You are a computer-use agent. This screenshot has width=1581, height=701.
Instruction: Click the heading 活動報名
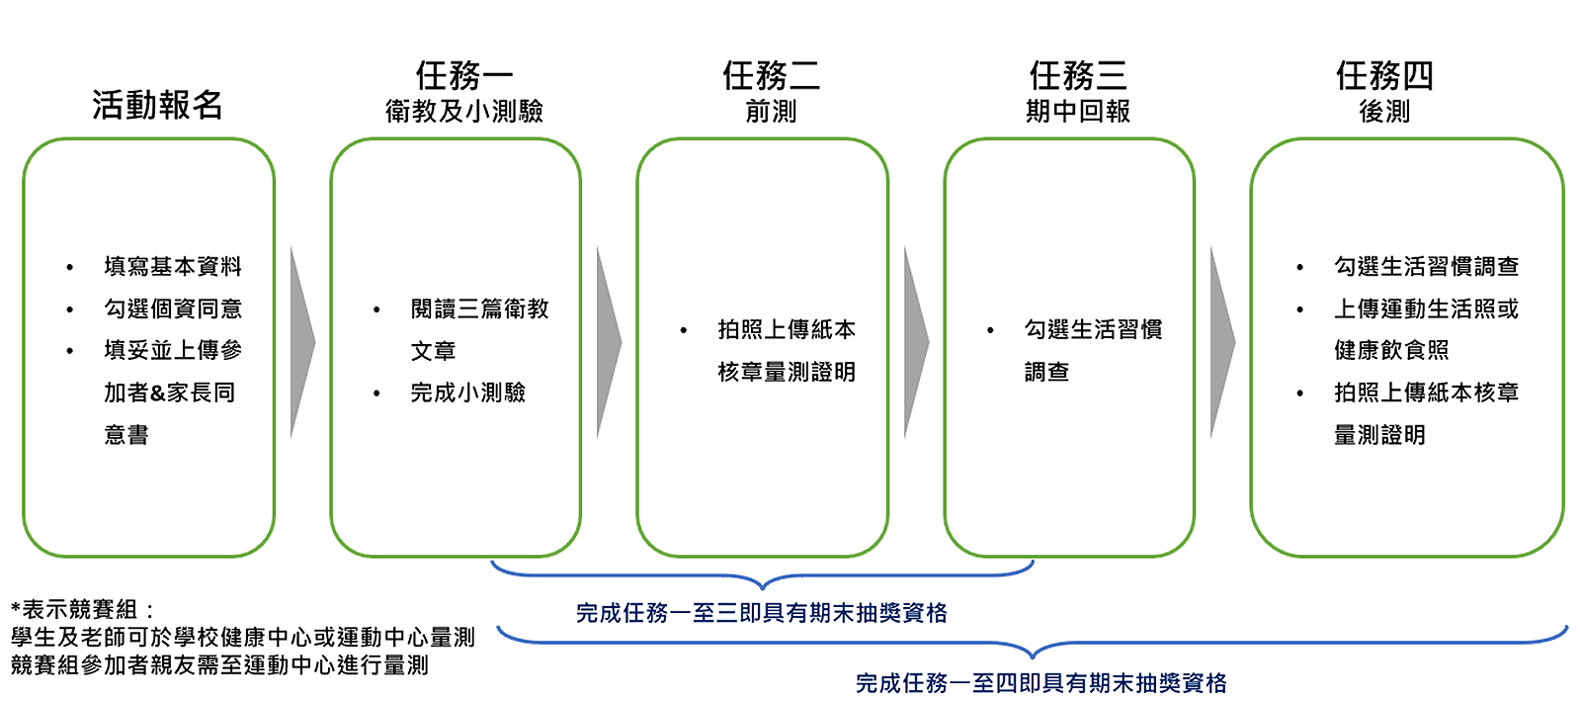coord(157,105)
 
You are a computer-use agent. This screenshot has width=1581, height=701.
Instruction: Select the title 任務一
coord(464,75)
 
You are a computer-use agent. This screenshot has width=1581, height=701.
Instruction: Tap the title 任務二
coord(771,75)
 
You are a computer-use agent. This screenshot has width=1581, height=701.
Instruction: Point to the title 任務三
coord(1078,75)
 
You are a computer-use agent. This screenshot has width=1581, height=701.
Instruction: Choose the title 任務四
coord(1384,75)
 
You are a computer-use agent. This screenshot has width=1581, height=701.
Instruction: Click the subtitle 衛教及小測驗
coord(464,112)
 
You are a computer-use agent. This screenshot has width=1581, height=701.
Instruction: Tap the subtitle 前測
coord(771,112)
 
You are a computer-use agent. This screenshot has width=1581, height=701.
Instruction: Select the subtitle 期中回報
coord(1078,112)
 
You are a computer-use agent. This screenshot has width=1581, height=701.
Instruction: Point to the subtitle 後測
coord(1384,112)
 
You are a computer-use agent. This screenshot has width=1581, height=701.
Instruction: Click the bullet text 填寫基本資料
coord(173,267)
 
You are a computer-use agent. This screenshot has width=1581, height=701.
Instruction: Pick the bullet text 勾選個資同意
coord(173,309)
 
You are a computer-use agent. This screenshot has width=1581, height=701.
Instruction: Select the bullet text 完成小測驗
coord(467,394)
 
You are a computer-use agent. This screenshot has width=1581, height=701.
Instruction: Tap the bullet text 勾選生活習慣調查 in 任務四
coord(1426,267)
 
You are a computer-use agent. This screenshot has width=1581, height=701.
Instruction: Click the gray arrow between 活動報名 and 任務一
coord(300,343)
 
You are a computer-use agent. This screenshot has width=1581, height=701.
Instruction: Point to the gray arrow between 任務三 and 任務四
coord(1221,343)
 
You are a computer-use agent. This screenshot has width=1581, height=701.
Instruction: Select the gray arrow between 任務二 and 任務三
coord(915,343)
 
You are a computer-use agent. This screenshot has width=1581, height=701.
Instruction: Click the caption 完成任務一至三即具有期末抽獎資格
coord(762,613)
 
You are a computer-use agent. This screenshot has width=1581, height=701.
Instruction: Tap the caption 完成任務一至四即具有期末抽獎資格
coord(1041,683)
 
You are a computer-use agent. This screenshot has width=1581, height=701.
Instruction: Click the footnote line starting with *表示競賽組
coord(83,610)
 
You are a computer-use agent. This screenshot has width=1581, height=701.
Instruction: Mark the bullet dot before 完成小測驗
coord(376,394)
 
